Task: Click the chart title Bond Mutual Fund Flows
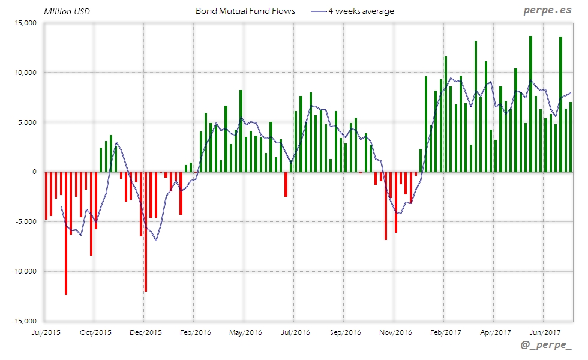point(245,11)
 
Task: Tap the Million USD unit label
point(67,11)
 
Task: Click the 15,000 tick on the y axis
point(25,23)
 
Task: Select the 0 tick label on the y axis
point(34,172)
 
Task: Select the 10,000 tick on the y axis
point(25,73)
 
